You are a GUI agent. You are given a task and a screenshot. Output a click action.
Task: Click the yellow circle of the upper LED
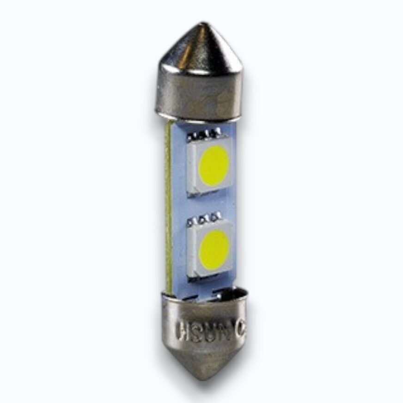pyautogui.click(x=214, y=165)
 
